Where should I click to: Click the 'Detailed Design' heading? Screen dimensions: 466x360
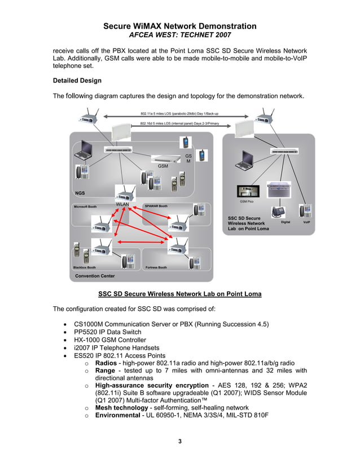77,81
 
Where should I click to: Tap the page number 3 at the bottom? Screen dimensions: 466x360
180,441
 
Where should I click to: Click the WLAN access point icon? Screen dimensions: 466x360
124,194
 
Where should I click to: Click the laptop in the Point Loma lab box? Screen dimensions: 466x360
248,159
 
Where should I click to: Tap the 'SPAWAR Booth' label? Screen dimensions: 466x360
156,206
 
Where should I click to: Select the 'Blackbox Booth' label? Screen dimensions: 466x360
85,267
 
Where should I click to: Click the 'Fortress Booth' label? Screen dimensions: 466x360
156,267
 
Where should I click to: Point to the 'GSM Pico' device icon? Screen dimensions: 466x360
246,191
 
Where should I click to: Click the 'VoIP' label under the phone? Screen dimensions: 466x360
306,222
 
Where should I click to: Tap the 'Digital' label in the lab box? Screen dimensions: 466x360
286,222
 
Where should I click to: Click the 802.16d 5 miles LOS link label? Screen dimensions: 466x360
179,123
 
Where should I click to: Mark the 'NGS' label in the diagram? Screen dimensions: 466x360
80,194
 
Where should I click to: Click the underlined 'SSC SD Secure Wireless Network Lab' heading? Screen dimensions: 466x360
179,294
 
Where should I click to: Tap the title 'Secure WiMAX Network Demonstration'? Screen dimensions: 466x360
180,26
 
